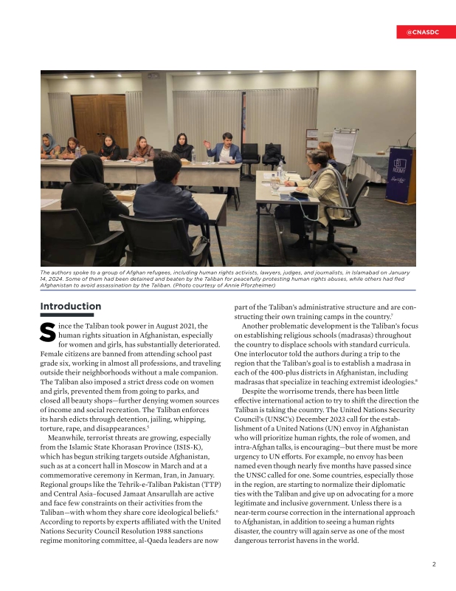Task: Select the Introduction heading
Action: [x=71, y=306]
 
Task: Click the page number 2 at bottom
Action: [x=434, y=564]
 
